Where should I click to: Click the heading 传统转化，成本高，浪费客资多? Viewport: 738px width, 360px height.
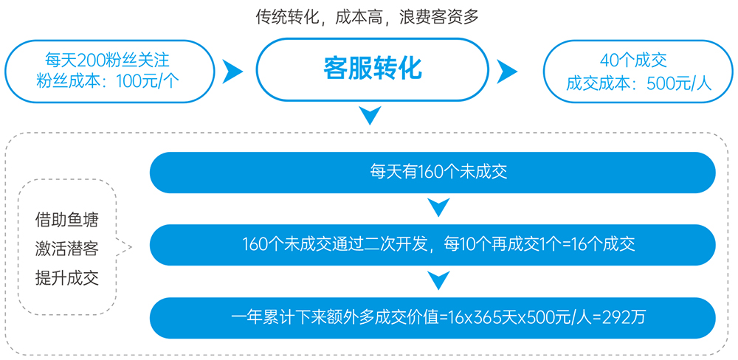pyautogui.click(x=367, y=18)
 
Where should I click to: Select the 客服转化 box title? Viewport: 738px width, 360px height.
pyautogui.click(x=372, y=69)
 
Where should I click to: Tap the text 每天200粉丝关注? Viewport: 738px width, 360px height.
pyautogui.click(x=107, y=60)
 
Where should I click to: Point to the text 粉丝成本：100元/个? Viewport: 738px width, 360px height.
pyautogui.click(x=107, y=82)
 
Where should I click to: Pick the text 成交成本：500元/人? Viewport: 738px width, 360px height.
pyautogui.click(x=639, y=83)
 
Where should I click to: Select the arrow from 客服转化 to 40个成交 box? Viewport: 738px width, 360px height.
pyautogui.click(x=507, y=72)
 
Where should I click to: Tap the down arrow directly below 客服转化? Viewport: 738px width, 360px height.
pyautogui.click(x=370, y=116)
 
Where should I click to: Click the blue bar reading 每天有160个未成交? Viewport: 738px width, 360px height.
pyautogui.click(x=432, y=172)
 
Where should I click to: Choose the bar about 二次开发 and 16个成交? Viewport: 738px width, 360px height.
pyautogui.click(x=432, y=245)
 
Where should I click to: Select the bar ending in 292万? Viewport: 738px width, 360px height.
pyautogui.click(x=432, y=318)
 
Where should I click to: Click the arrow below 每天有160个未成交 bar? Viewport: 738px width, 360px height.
pyautogui.click(x=438, y=207)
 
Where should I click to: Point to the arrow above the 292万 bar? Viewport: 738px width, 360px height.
pyautogui.click(x=438, y=280)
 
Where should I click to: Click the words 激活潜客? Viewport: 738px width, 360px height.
pyautogui.click(x=67, y=249)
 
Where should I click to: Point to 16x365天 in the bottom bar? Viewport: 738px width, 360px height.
pyautogui.click(x=476, y=318)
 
